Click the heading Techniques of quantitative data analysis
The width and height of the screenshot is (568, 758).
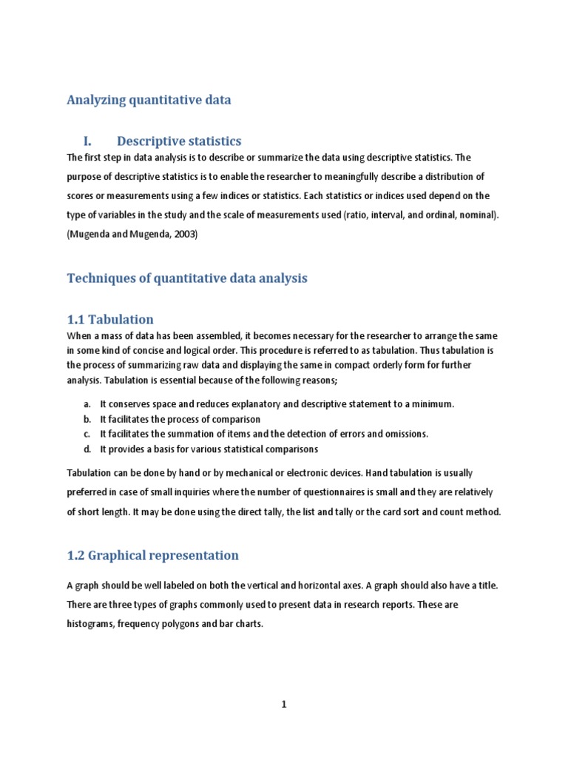pos(187,278)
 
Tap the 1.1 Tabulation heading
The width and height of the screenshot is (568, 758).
pos(110,319)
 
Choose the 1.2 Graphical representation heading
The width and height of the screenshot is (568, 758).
pos(153,554)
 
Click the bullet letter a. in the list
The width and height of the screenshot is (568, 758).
pos(87,404)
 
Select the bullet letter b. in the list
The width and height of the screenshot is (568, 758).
pos(87,419)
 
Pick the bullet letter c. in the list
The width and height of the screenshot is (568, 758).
pos(87,434)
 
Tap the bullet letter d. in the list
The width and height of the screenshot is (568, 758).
pos(87,449)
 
